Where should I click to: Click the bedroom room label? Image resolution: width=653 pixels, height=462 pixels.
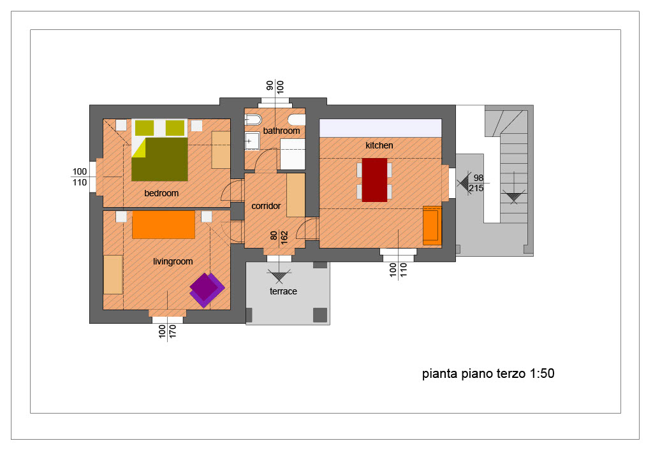pos(161,193)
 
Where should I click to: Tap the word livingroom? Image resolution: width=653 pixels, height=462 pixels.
pos(173,261)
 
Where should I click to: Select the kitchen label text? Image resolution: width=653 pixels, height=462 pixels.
pos(379,145)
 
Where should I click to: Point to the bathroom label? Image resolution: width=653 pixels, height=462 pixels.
pos(281,131)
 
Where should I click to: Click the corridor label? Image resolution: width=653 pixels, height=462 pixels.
pos(266,206)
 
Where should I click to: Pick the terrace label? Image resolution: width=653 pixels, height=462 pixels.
pos(283,291)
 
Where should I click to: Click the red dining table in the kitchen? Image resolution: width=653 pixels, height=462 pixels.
pos(374,180)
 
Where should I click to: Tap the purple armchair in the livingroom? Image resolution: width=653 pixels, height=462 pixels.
pos(207,290)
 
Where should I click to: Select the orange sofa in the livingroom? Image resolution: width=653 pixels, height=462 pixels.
pos(163,224)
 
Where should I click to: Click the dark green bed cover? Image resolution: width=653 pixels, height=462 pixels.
pos(159,160)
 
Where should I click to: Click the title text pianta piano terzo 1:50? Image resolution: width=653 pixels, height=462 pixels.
pos(488,373)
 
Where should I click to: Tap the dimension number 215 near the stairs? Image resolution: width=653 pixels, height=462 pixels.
pos(476,188)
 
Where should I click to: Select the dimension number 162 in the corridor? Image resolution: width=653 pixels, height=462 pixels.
pos(284,238)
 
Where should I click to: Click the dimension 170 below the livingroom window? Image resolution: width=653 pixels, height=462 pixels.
pos(173,332)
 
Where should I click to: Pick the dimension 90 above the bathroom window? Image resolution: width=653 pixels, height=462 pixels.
pos(270,85)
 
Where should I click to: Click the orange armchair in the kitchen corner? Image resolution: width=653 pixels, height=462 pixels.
pos(432,225)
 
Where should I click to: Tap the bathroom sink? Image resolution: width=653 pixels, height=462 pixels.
pos(251,141)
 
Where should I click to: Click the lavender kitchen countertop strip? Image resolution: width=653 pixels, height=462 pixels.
pos(380,128)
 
